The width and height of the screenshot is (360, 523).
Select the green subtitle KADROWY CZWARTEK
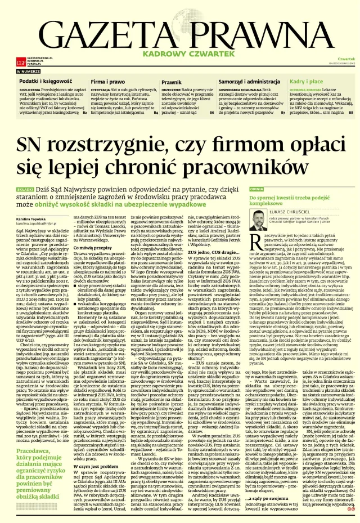coord(180,54)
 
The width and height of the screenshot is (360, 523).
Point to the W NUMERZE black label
coord(28,72)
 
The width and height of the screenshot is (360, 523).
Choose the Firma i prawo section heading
coord(108,82)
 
